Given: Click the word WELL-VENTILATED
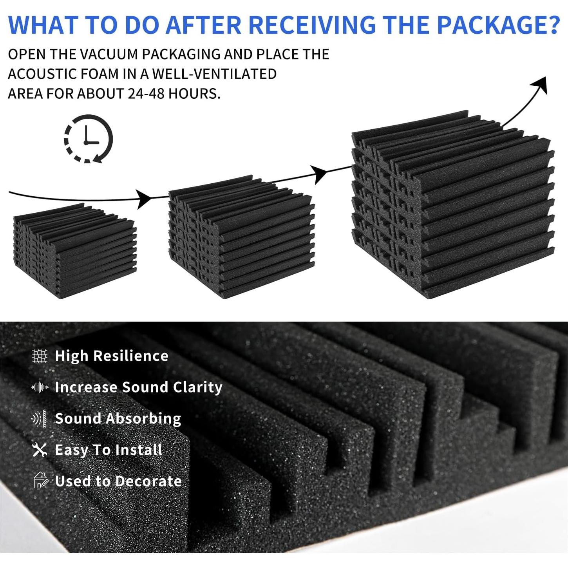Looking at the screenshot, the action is tap(214, 74).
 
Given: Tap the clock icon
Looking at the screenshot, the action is tap(88, 139).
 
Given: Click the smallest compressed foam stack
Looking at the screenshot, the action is tap(75, 251).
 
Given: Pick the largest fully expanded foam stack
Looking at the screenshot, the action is tap(453, 204).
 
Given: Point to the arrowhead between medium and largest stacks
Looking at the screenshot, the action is tap(320, 174).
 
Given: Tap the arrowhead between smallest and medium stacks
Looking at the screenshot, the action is tap(145, 199).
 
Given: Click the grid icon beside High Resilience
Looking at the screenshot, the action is tap(40, 356).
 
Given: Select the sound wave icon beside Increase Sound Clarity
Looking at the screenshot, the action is tap(40, 387).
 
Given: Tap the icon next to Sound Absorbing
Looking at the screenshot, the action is tap(39, 419).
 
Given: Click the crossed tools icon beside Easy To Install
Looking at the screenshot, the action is tap(40, 450).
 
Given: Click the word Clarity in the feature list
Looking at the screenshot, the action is tap(198, 387).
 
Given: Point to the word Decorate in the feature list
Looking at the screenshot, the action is tap(148, 481).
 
